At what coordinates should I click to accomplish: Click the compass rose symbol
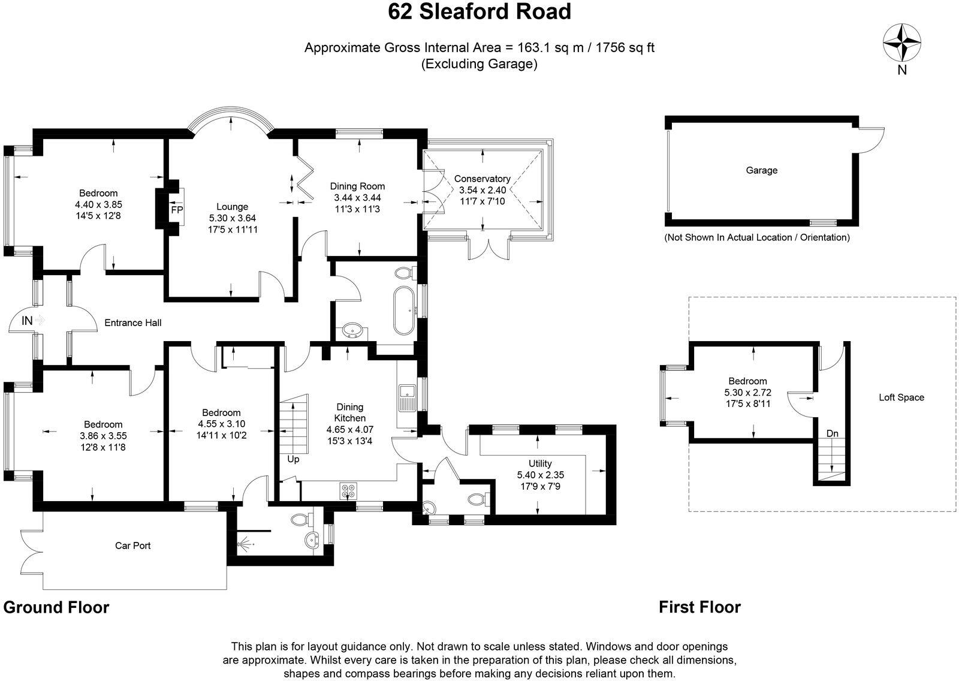click(x=901, y=41)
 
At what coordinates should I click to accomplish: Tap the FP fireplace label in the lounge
click(x=176, y=210)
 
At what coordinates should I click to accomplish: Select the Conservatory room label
click(x=482, y=179)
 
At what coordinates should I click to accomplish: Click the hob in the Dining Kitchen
click(x=348, y=490)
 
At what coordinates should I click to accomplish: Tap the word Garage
click(x=761, y=170)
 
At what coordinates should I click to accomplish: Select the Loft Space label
click(x=901, y=397)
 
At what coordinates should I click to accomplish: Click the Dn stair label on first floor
click(x=832, y=433)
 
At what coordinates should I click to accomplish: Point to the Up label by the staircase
click(x=293, y=460)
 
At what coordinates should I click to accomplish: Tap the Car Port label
click(x=133, y=546)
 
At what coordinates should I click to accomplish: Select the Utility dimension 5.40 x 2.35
click(x=539, y=474)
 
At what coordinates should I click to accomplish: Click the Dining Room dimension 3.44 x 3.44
click(x=357, y=197)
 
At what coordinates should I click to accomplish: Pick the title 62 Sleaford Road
click(x=479, y=11)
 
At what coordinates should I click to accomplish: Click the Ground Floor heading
click(x=56, y=607)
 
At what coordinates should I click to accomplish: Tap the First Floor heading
click(x=699, y=607)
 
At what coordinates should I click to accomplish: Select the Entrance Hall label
click(x=133, y=323)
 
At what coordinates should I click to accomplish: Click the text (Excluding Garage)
click(x=479, y=64)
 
